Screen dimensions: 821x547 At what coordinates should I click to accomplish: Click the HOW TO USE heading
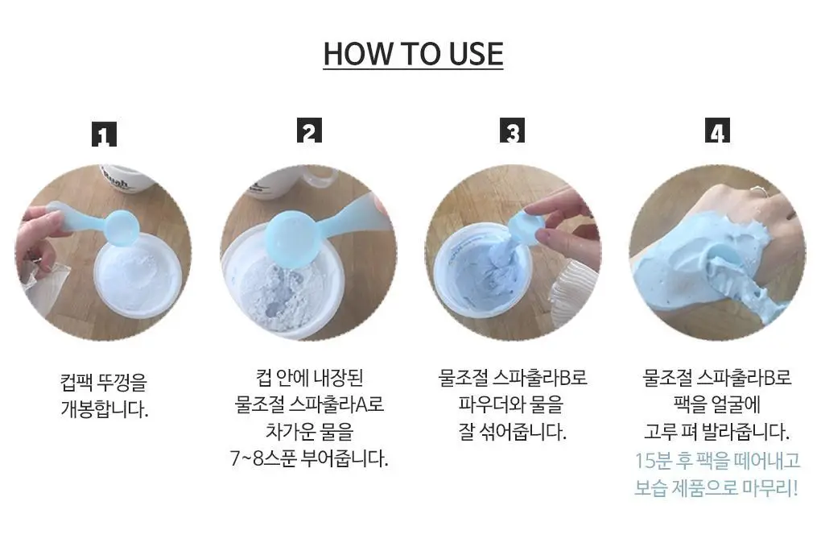pos(413,54)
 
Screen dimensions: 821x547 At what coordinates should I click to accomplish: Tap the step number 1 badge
pos(104,134)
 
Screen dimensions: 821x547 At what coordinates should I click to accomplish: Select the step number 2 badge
pos(309,131)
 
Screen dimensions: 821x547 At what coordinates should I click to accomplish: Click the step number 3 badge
pos(512,131)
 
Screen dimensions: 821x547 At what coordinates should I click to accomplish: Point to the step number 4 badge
pos(717,131)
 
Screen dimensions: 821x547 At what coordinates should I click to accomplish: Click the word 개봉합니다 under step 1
pos(104,409)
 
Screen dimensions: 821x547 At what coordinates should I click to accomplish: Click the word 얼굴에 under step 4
pos(735,404)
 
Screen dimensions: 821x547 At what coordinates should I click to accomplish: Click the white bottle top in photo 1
pos(126,178)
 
